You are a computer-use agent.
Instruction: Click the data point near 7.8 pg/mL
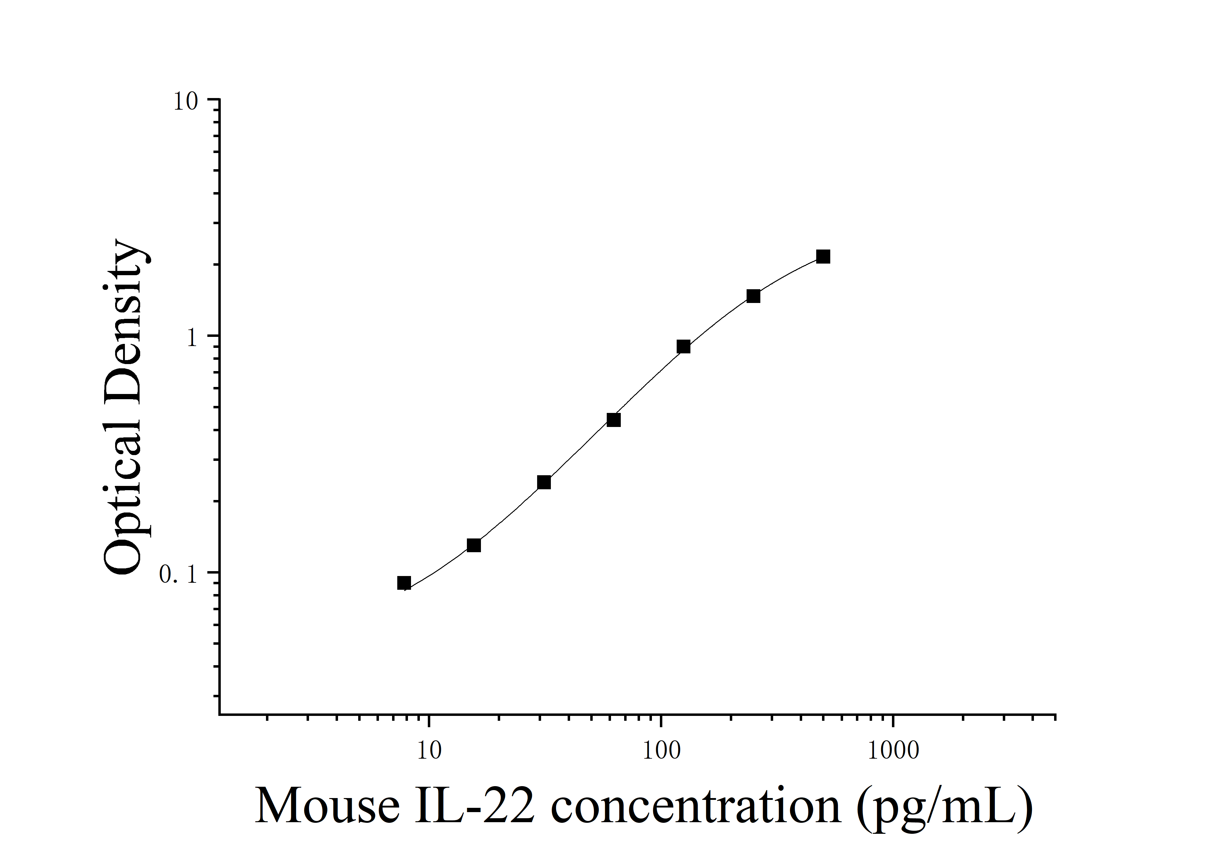coord(404,582)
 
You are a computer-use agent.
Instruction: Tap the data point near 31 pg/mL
coord(544,483)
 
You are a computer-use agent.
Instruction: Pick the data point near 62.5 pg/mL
coord(613,420)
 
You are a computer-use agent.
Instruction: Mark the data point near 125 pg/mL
coord(683,347)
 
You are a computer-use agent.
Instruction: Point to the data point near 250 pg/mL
coord(753,296)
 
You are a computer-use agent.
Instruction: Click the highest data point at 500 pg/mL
coord(823,257)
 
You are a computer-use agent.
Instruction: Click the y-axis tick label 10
coord(185,101)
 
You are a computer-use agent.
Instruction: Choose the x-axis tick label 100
coord(661,751)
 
